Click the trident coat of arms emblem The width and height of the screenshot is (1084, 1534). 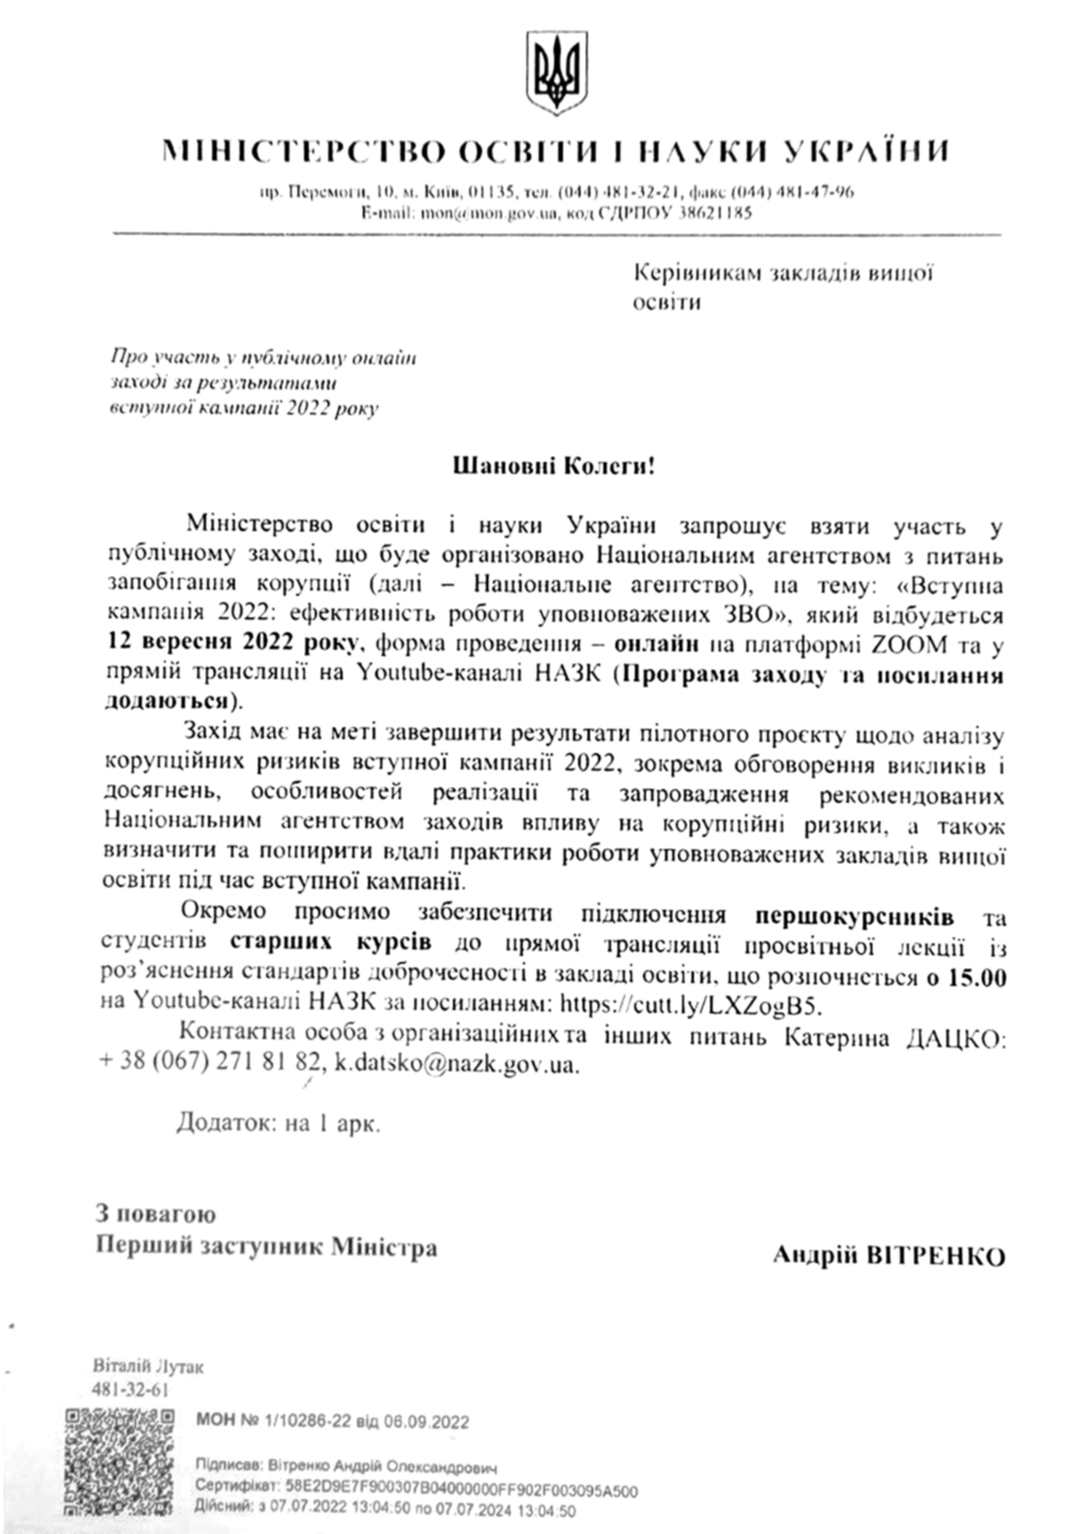(556, 73)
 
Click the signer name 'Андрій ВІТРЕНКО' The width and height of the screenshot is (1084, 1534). (889, 1257)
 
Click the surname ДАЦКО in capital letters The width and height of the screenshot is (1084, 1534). (958, 1038)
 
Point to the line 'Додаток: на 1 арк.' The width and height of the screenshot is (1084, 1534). (279, 1123)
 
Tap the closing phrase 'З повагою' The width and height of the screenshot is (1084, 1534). (156, 1215)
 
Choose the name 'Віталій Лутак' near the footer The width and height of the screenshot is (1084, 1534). (147, 1367)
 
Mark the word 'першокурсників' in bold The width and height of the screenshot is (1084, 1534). (854, 917)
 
